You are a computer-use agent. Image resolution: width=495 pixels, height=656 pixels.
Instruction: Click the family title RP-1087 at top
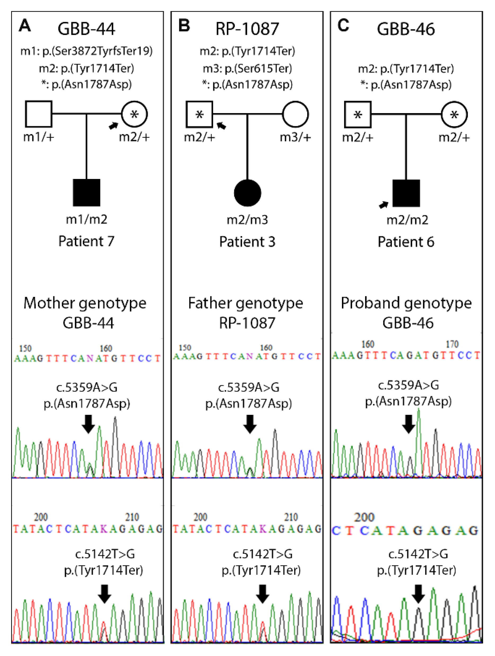click(247, 29)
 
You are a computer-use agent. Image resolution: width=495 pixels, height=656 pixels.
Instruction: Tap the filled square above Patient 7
click(86, 193)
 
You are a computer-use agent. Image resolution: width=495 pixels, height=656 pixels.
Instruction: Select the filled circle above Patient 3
click(247, 193)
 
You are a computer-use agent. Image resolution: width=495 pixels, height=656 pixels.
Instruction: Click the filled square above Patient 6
click(406, 193)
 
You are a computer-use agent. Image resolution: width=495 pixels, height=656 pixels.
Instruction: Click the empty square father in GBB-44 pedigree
click(38, 114)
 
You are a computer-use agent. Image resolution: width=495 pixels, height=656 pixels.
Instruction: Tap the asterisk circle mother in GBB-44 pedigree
click(134, 114)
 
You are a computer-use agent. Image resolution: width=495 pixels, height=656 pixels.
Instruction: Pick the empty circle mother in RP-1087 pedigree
click(295, 114)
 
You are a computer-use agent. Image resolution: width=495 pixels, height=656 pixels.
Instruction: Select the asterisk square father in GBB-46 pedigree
click(358, 114)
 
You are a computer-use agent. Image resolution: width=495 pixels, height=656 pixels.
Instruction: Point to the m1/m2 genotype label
click(86, 220)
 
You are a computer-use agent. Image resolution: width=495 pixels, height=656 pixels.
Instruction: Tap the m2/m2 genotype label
click(407, 220)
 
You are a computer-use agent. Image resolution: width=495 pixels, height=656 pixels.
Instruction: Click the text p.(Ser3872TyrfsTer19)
click(97, 51)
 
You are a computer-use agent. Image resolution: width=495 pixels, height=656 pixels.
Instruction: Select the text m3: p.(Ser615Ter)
click(247, 68)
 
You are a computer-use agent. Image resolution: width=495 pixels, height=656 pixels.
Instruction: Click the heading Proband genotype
click(406, 303)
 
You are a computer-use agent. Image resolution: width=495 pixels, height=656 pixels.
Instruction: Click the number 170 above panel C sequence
click(452, 344)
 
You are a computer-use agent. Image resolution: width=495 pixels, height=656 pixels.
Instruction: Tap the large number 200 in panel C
click(364, 517)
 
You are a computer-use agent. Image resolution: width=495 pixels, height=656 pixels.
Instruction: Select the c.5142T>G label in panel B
click(263, 554)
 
